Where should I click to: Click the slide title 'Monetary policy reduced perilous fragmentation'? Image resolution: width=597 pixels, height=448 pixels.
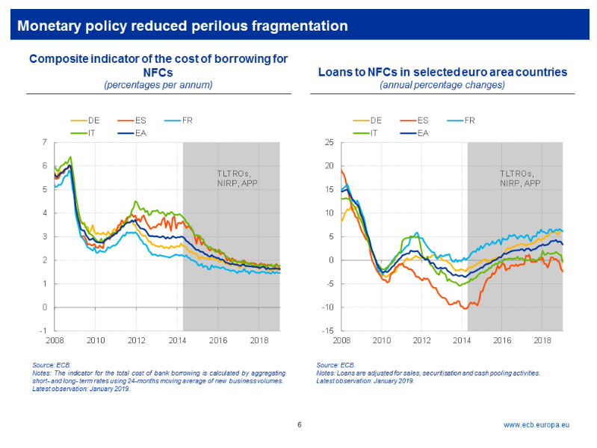182,26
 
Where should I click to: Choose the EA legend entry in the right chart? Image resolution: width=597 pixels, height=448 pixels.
422,132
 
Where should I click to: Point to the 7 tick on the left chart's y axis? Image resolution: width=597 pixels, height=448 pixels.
45,142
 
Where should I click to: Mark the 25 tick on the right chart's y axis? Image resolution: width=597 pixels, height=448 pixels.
327,142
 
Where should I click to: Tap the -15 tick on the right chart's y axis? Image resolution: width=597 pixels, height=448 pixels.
326,331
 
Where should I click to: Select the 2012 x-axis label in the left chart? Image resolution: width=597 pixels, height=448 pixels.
136,340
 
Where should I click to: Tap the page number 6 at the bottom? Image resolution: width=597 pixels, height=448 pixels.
299,425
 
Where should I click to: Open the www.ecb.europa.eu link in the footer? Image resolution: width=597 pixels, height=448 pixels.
536,425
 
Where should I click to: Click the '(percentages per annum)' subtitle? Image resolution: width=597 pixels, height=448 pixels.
158,85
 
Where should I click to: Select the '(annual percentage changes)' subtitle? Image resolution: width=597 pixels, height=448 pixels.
442,85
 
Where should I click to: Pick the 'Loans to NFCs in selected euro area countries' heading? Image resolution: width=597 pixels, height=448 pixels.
442,72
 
